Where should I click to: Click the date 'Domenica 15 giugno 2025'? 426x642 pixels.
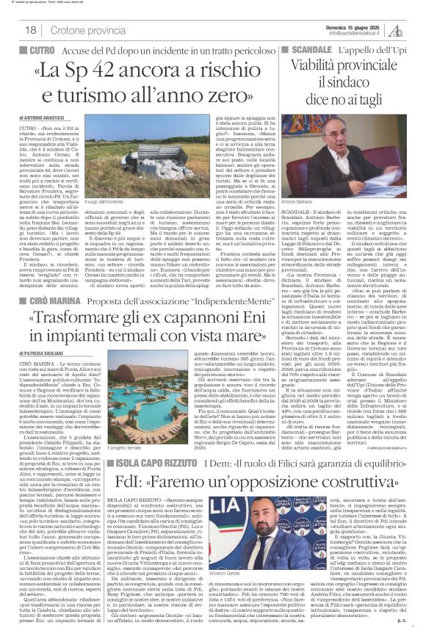pyautogui.click(x=358, y=25)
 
